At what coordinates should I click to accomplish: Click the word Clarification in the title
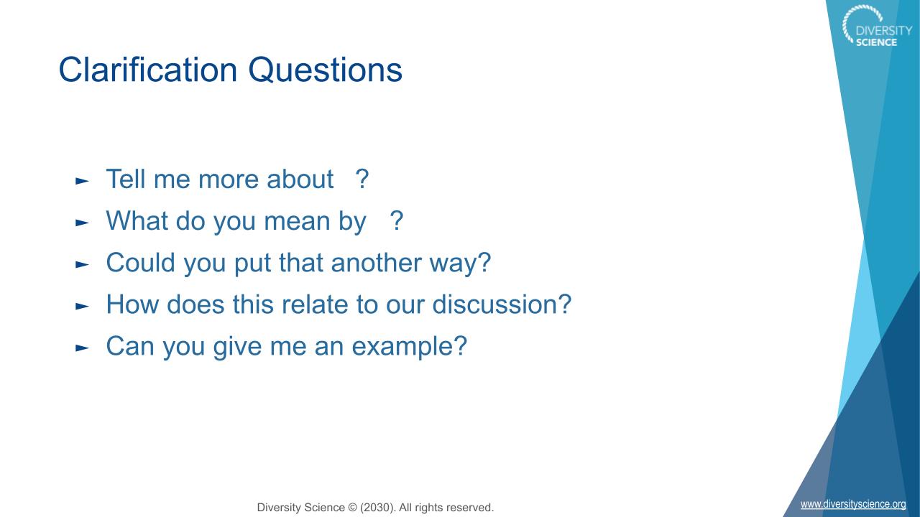tap(148, 70)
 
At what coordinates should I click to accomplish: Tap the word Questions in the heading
tap(326, 70)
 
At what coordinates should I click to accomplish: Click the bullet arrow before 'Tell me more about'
tap(82, 181)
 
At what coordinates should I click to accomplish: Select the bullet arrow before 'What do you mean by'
tap(82, 223)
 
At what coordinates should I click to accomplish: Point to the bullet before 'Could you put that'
tap(82, 265)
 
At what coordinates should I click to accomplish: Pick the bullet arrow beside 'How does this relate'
tap(82, 306)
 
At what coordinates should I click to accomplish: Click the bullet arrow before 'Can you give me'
tap(82, 348)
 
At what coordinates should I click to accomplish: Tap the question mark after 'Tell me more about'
tap(362, 179)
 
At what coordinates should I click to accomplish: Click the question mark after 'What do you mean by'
tap(397, 220)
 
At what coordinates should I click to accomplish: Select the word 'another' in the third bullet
tap(376, 263)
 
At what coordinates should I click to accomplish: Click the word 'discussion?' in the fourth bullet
tap(502, 304)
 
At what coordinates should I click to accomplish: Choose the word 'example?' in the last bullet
tap(410, 347)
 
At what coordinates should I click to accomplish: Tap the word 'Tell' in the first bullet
tap(126, 179)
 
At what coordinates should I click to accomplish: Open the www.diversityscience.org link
tap(853, 504)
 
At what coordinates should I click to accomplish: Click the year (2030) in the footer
tap(377, 508)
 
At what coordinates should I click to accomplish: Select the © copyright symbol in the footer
tap(352, 508)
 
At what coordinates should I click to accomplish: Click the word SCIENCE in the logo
tap(876, 42)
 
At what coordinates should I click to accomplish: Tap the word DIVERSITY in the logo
tap(884, 31)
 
